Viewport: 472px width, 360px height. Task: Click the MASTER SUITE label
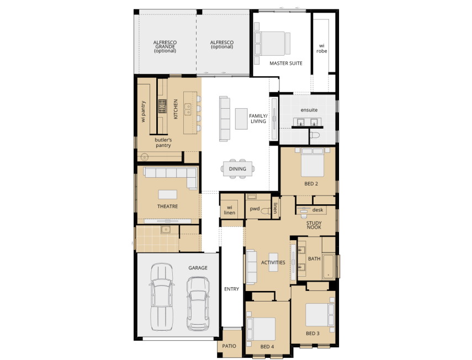285,63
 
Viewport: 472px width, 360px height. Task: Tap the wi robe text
322,48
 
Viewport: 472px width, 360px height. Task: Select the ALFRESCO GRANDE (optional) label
165,46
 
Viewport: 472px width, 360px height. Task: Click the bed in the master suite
272,43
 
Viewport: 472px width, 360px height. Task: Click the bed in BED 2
311,162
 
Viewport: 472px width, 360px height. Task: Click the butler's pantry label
163,142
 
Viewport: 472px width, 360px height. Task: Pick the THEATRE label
167,206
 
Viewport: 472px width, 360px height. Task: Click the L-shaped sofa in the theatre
171,176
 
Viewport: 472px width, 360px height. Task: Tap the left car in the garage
160,293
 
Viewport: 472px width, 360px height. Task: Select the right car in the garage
198,303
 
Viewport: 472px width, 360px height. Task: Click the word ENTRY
231,289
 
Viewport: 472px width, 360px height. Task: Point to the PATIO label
229,346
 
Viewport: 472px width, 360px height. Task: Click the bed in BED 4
262,329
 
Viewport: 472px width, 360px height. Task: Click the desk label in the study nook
317,210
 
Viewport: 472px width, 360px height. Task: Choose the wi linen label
230,209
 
